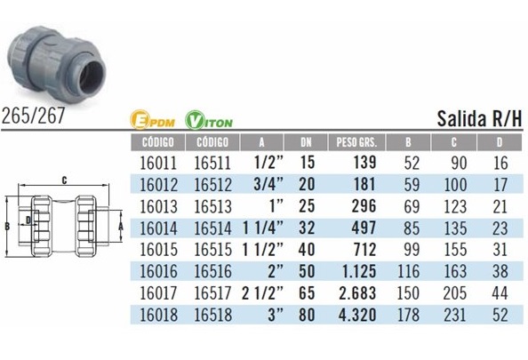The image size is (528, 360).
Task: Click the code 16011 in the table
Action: [158, 163]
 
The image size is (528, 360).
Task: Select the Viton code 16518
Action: [213, 315]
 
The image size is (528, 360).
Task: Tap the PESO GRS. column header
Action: [356, 142]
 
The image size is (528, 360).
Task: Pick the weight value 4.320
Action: [357, 315]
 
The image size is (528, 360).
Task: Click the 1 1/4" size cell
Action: [263, 228]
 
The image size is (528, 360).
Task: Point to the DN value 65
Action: [307, 293]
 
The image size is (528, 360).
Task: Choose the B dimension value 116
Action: [409, 271]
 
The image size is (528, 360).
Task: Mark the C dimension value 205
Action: [455, 293]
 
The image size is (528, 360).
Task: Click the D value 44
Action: [500, 293]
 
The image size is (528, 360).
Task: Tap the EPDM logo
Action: [152, 120]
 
